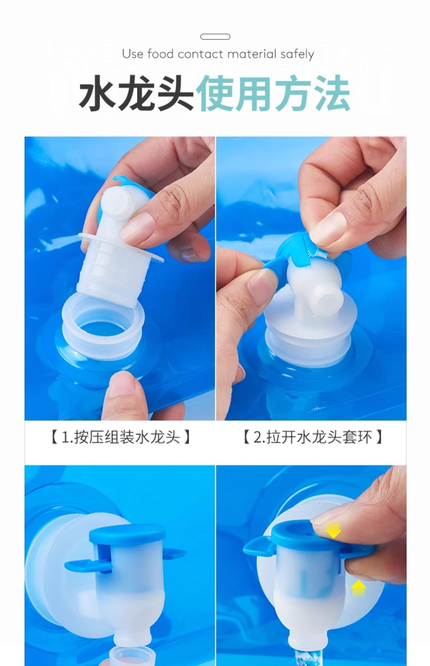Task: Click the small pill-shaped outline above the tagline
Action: (x=215, y=37)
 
